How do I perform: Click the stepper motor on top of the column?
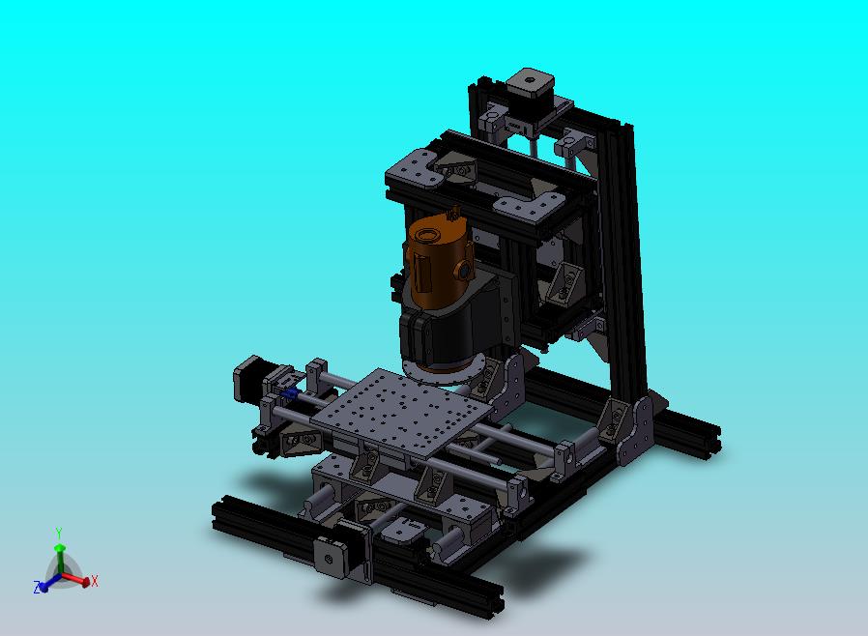(531, 86)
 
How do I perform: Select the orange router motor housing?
(435, 261)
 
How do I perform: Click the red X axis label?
(94, 581)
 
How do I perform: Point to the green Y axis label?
(59, 534)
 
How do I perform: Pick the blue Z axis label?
(37, 588)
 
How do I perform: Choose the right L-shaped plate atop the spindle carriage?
(527, 204)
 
